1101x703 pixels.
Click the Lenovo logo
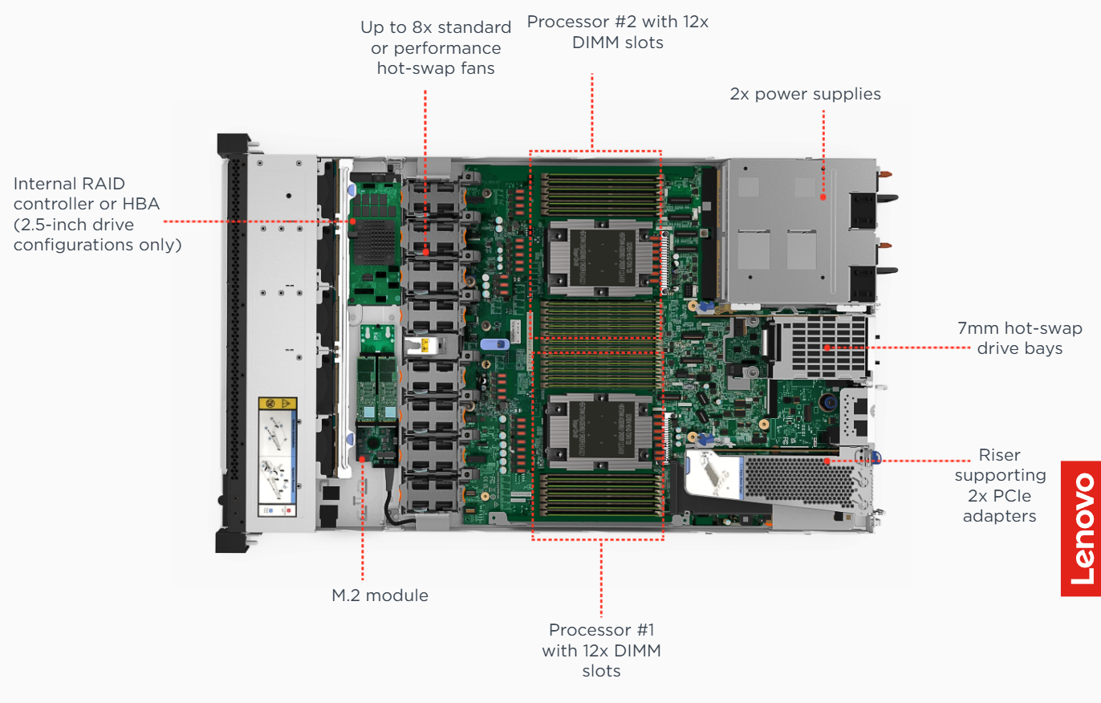click(1081, 529)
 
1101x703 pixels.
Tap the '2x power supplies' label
click(805, 94)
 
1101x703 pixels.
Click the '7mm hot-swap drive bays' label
click(1019, 338)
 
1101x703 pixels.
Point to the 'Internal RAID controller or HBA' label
click(97, 214)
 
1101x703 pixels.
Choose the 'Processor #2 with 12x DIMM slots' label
click(617, 32)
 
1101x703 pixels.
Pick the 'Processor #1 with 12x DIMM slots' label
click(601, 649)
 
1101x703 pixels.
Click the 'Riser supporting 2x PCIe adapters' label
click(999, 486)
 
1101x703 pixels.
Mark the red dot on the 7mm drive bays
click(827, 347)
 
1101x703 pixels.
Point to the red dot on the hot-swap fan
click(425, 252)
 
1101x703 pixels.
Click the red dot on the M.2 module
click(363, 459)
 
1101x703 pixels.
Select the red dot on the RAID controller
click(352, 221)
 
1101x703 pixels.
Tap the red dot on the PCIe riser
click(829, 461)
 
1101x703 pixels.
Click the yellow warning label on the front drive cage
click(278, 404)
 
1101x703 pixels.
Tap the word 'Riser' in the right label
click(999, 455)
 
